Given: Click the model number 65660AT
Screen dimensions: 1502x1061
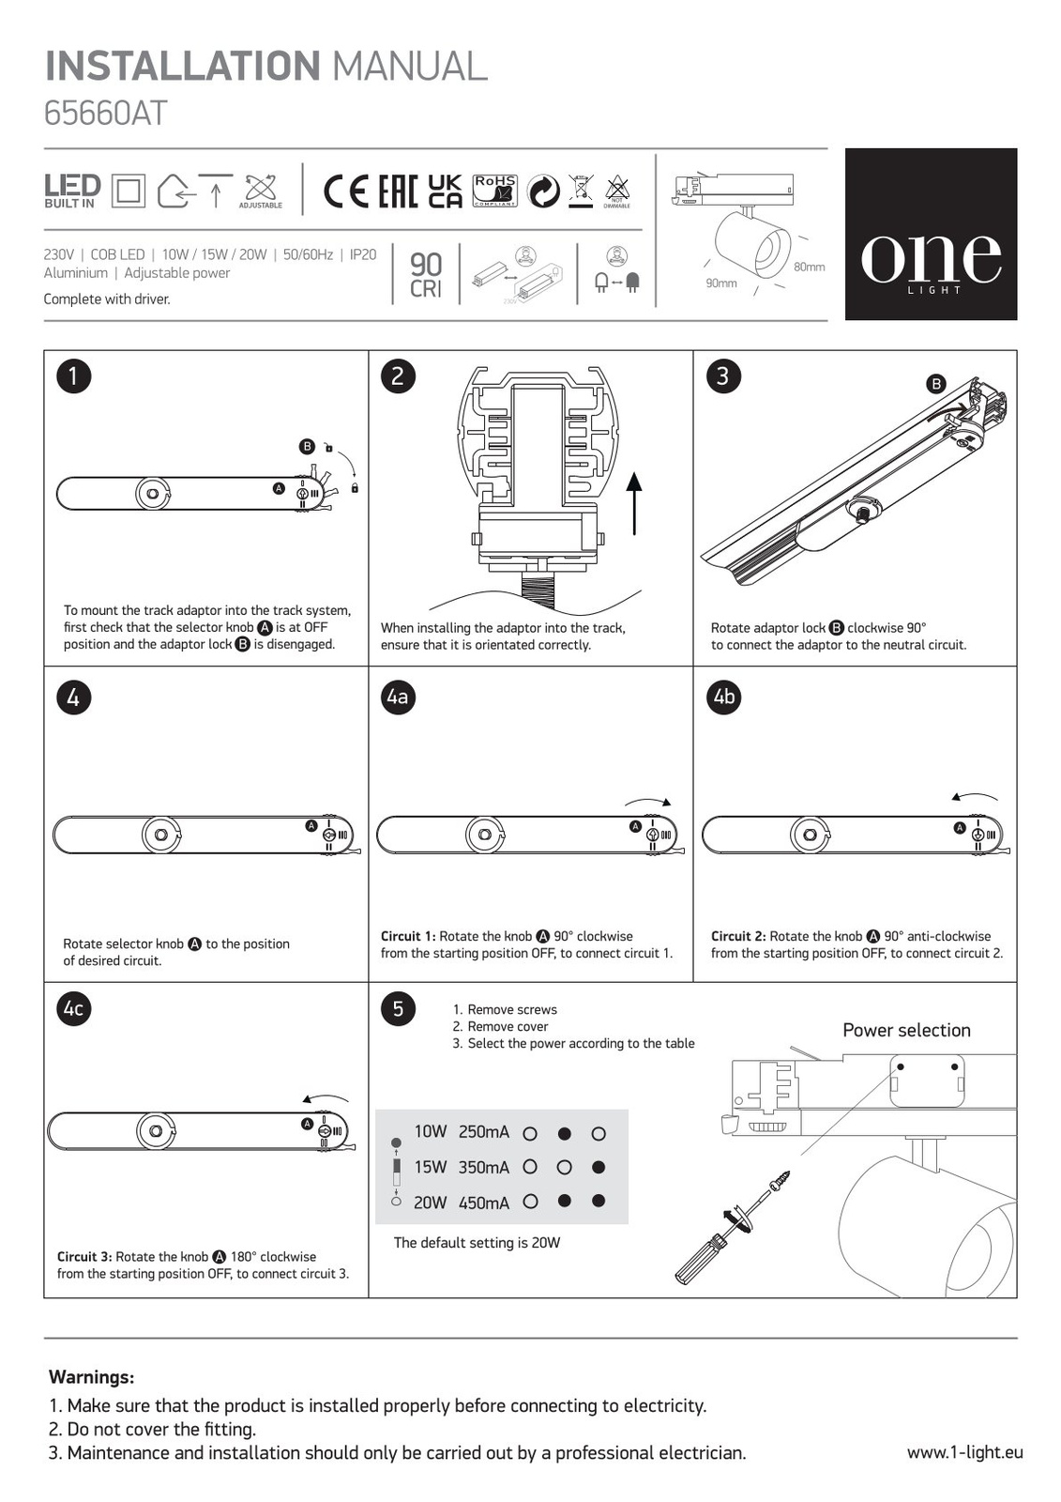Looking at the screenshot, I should coord(105,114).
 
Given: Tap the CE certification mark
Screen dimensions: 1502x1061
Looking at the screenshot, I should coord(346,192).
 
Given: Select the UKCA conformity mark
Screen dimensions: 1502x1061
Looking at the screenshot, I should coord(445,191).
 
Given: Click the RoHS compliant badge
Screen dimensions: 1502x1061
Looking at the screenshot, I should coord(494,190).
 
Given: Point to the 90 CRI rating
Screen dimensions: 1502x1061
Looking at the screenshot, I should coord(426,275).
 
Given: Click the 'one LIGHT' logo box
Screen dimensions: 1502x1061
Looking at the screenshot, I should coord(931,235).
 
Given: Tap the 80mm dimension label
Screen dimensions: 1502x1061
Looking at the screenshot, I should coord(809,268).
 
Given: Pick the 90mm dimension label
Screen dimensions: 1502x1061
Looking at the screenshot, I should coord(721,283).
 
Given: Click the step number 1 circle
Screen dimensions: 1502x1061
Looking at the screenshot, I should coord(73,376).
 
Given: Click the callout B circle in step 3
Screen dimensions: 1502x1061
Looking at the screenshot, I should coord(935,383).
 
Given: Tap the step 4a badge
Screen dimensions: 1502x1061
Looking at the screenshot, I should coord(398,697).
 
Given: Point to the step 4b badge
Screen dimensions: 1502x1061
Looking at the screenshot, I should coord(723,697).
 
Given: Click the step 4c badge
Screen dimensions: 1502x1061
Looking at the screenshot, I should coord(73,1009).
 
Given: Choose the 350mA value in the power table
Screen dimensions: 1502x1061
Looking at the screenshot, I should coord(484,1168).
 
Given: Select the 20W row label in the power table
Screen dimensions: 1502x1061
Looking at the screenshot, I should coord(430,1203).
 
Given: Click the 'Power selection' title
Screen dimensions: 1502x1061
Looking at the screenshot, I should coord(906,1030).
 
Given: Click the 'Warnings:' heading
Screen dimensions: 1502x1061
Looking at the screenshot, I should coord(91,1377).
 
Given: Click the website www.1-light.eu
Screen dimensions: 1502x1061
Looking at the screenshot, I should coord(964,1452).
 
